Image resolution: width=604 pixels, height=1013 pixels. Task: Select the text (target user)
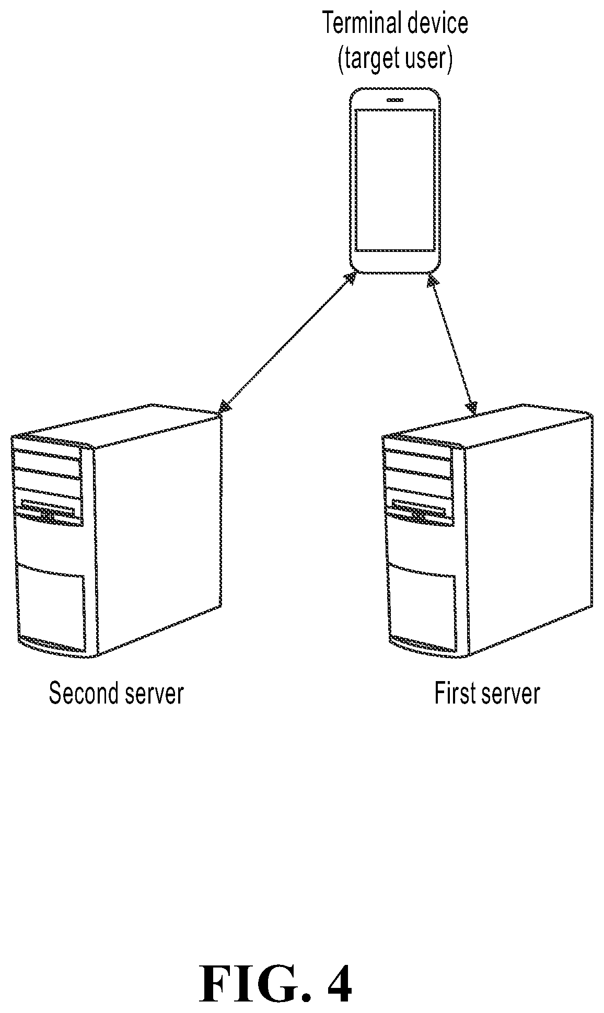394,59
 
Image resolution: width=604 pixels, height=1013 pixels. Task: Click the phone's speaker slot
394,100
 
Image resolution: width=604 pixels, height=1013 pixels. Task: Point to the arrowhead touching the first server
472,405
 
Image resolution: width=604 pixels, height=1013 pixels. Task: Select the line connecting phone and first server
452,343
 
